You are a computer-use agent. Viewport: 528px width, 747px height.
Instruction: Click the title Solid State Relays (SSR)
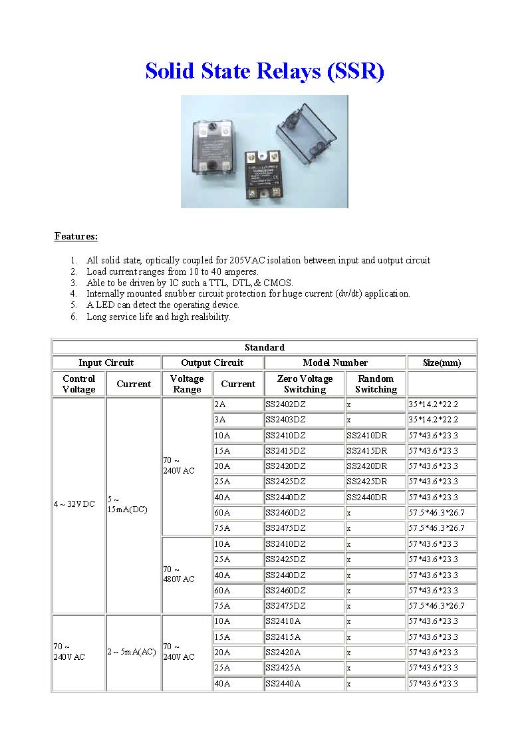(x=265, y=71)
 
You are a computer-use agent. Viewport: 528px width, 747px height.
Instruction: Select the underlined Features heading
(x=76, y=236)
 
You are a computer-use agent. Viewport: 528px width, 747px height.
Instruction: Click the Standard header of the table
(x=264, y=347)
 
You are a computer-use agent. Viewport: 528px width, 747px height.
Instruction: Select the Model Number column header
(x=334, y=363)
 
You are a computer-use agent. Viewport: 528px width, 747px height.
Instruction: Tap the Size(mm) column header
(x=442, y=363)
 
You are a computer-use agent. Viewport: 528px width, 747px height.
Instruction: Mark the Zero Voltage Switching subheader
(x=305, y=384)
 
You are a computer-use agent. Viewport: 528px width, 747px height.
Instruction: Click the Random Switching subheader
(x=376, y=384)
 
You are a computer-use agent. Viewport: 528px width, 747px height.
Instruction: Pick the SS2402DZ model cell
(x=286, y=404)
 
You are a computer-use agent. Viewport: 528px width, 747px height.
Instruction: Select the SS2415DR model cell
(x=366, y=451)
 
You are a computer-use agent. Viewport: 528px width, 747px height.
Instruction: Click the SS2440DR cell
(x=366, y=498)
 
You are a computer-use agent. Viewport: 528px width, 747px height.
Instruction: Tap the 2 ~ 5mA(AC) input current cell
(x=132, y=652)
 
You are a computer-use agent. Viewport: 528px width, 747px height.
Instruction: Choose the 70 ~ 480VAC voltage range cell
(x=179, y=574)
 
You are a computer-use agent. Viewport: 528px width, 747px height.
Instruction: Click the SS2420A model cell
(x=283, y=653)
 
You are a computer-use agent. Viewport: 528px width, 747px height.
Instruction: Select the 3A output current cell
(x=221, y=420)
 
